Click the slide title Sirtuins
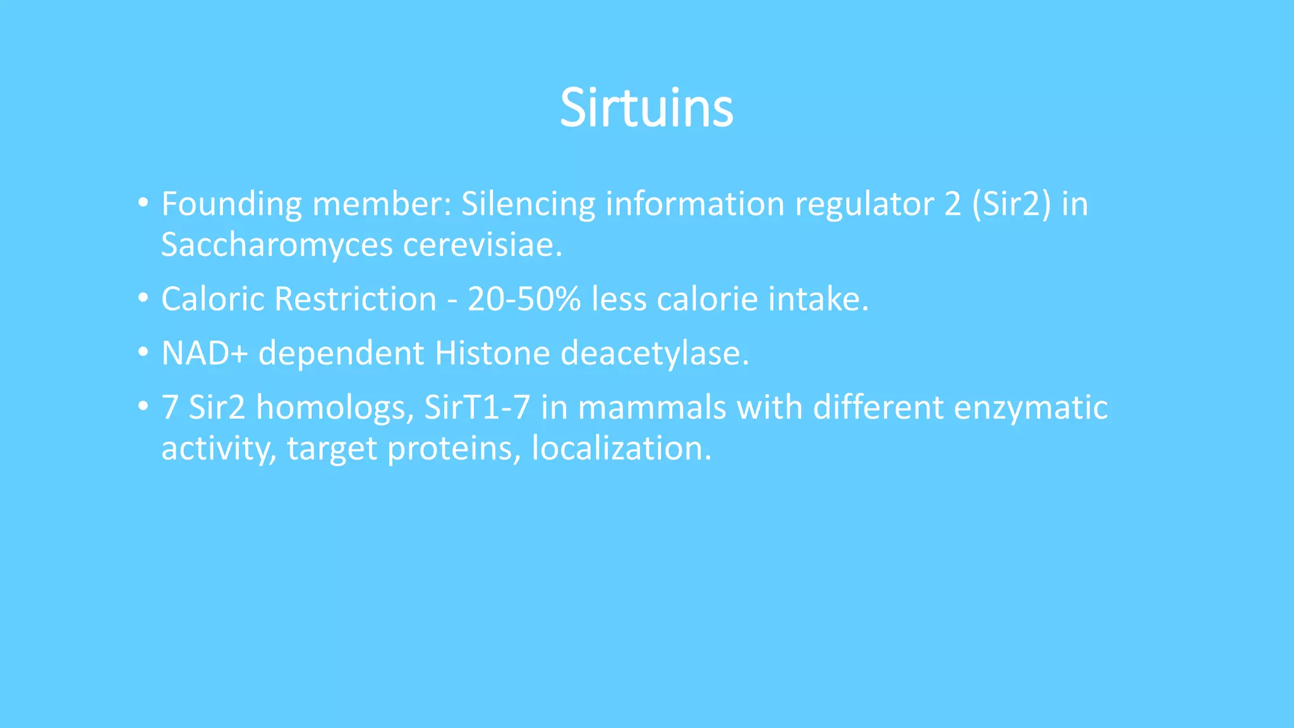(646, 108)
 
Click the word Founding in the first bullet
(231, 205)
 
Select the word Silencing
(528, 205)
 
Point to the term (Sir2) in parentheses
(1012, 205)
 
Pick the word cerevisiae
(482, 245)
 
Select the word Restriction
(356, 299)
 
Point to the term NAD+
(204, 353)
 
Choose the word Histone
(492, 353)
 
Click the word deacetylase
(655, 353)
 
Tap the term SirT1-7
(477, 408)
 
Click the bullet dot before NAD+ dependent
(143, 352)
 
